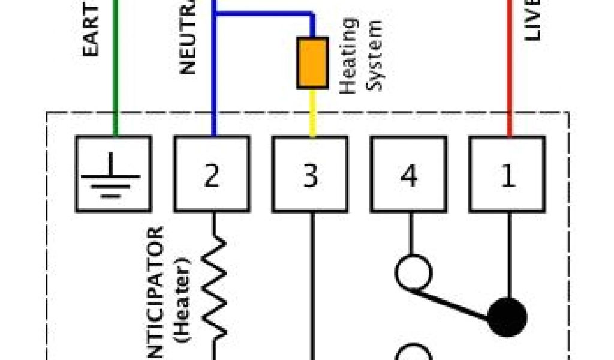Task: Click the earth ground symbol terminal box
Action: click(113, 173)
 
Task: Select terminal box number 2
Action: click(212, 173)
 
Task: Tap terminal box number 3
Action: click(310, 173)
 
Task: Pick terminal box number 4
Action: click(408, 173)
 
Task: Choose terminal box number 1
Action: click(507, 173)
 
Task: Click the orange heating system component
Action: click(312, 63)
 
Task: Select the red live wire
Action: click(509, 72)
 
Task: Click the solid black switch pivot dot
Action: click(507, 317)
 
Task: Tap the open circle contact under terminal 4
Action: click(413, 273)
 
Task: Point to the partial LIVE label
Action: click(532, 20)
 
